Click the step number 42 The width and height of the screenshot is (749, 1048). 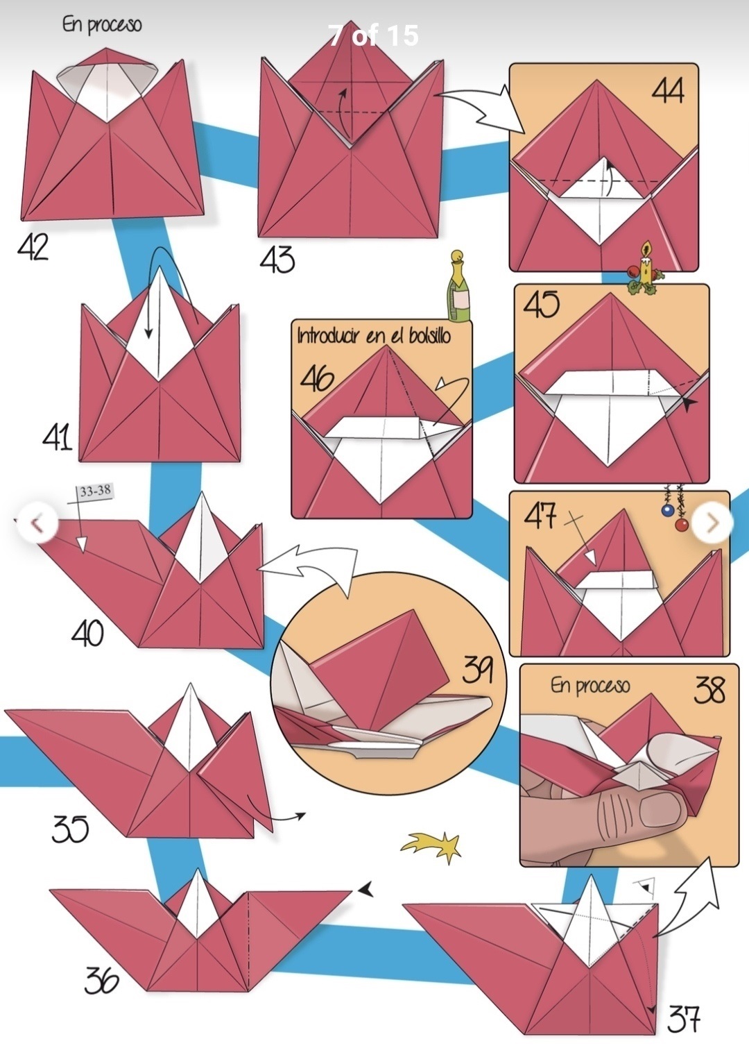(33, 247)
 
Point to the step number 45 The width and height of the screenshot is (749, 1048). (541, 304)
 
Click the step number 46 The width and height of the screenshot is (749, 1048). (318, 378)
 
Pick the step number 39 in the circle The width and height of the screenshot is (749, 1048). (477, 669)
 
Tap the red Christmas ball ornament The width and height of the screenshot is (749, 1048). (682, 525)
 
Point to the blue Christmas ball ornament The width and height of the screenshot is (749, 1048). (667, 510)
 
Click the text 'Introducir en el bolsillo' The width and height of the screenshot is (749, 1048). (374, 336)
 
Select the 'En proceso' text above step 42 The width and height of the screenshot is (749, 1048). (101, 24)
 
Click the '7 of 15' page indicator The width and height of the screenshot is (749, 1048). (373, 35)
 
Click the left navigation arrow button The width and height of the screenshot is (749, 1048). (37, 523)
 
